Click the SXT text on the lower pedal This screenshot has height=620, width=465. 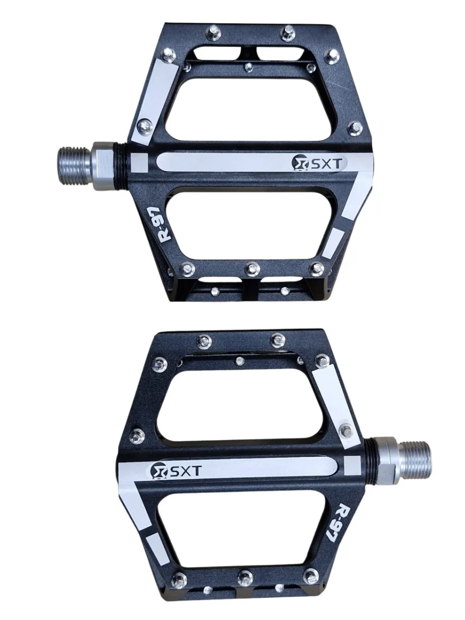coord(184,471)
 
